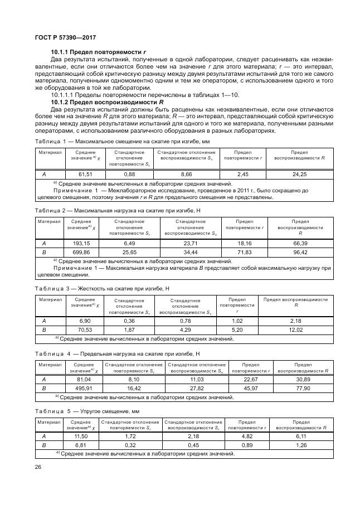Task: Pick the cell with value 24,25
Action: tap(300, 174)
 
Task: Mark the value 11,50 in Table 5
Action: tap(81, 437)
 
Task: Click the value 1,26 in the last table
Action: tap(301, 445)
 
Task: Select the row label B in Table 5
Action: tap(44, 445)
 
